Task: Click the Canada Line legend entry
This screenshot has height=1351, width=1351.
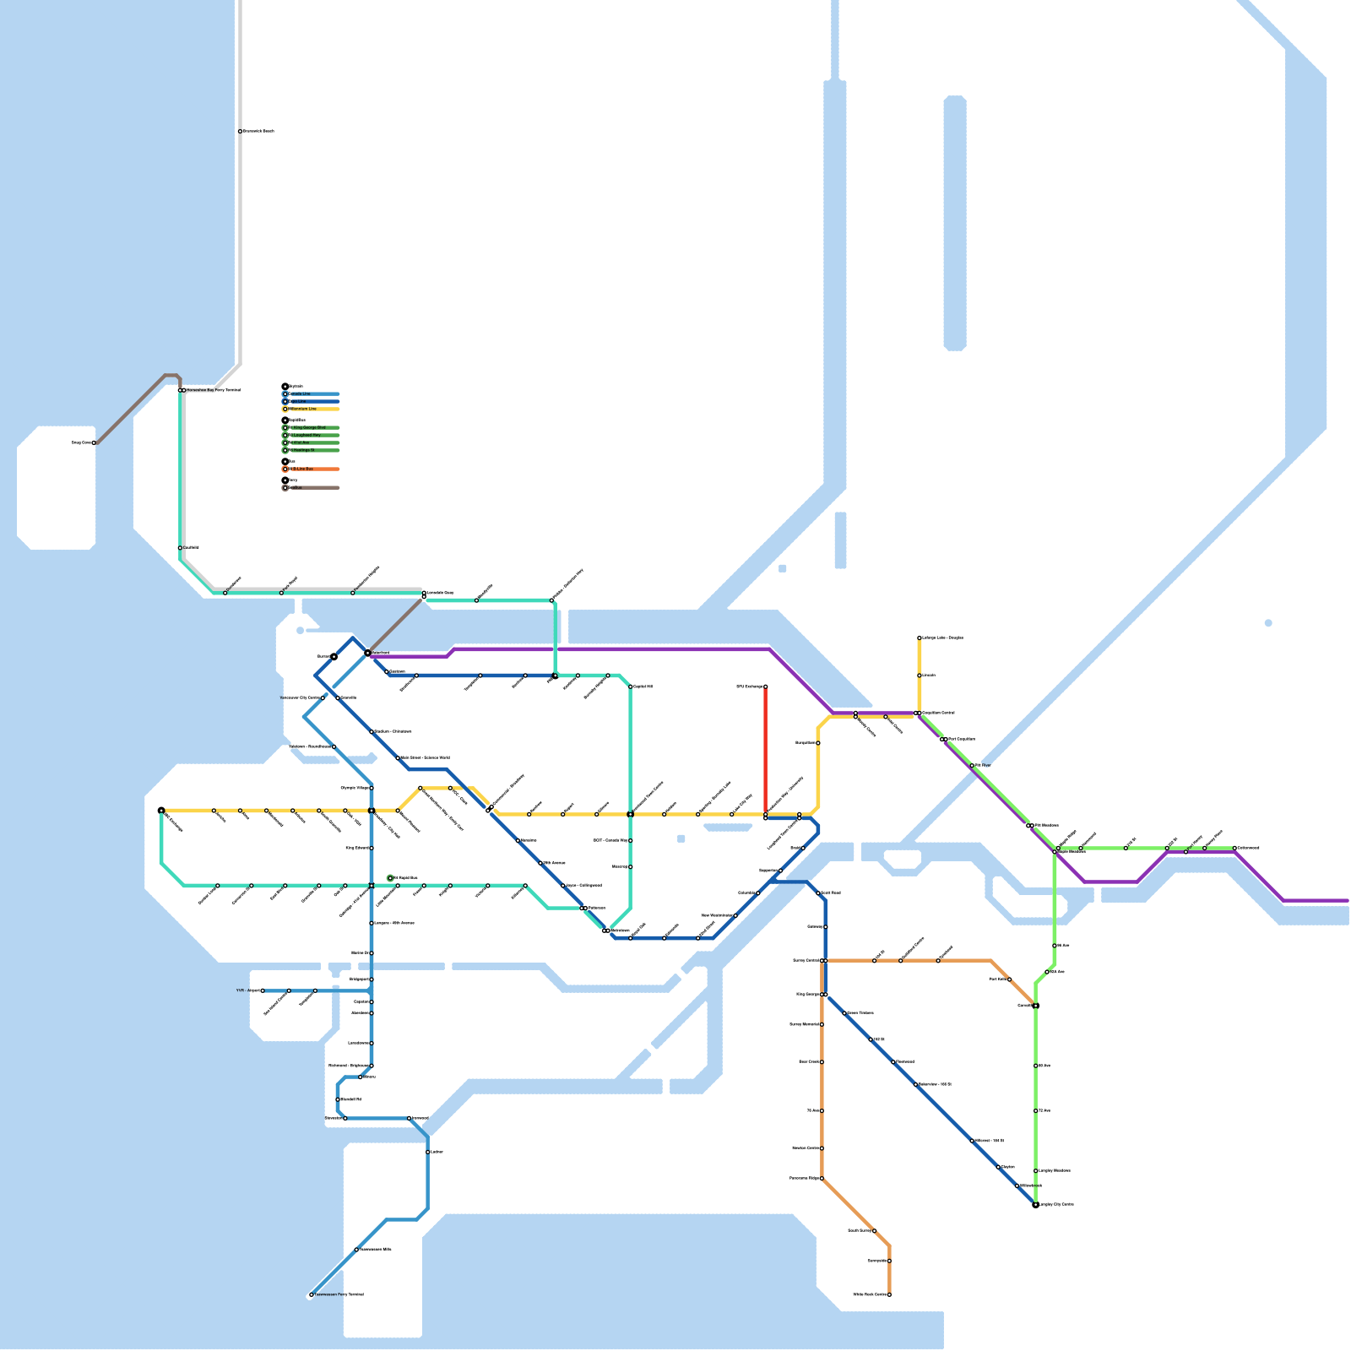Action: pyautogui.click(x=312, y=394)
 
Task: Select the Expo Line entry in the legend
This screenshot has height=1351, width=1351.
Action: pyautogui.click(x=312, y=402)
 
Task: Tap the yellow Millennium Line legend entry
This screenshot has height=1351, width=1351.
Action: pyautogui.click(x=312, y=409)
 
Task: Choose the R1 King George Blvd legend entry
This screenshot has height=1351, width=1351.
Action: pyautogui.click(x=312, y=428)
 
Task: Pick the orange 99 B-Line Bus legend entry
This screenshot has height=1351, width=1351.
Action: pyautogui.click(x=312, y=469)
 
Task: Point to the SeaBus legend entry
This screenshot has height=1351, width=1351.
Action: pyautogui.click(x=312, y=488)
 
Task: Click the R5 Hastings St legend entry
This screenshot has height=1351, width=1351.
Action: pyautogui.click(x=312, y=450)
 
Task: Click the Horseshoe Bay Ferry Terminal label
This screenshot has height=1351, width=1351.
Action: pyautogui.click(x=213, y=390)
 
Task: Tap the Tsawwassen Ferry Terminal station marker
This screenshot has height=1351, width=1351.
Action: pyautogui.click(x=312, y=1294)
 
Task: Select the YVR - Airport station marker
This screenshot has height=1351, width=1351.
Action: pyautogui.click(x=263, y=990)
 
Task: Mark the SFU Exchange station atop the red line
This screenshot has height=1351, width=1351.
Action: pyautogui.click(x=766, y=686)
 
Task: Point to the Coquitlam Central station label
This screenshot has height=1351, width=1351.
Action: pyautogui.click(x=938, y=713)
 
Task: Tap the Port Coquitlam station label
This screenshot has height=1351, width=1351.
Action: pyautogui.click(x=961, y=739)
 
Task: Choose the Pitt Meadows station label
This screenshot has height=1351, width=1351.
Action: pyautogui.click(x=1045, y=825)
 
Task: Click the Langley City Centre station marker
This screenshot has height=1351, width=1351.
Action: pyautogui.click(x=1036, y=1205)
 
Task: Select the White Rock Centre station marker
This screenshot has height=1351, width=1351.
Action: pyautogui.click(x=889, y=1294)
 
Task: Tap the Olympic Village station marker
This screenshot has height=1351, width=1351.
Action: pyautogui.click(x=372, y=788)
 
